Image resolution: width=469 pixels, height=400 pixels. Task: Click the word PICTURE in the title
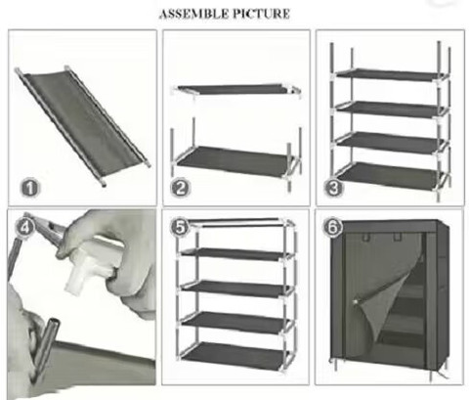(261, 14)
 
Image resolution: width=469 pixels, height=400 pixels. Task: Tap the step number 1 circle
(30, 188)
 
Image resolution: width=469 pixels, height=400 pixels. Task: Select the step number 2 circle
(180, 188)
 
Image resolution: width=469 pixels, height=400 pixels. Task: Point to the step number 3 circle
(333, 188)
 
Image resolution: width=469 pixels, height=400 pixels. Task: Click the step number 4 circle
(24, 227)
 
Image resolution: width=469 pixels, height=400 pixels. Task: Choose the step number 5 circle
(180, 227)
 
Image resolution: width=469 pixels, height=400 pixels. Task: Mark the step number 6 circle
(332, 227)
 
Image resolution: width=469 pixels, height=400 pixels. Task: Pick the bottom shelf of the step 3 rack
(391, 176)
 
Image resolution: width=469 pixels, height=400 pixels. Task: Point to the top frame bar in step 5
(235, 222)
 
